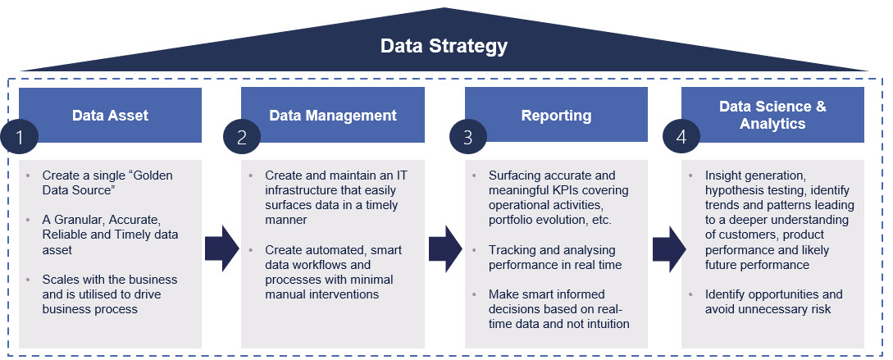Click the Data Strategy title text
pos(444,46)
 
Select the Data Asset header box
pos(110,116)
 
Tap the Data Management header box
pos(332,116)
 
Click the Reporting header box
pos(556,116)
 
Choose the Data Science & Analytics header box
pos(772,116)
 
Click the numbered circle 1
pos(20,137)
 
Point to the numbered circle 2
pos(243,137)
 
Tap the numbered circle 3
pos(467,137)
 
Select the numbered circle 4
pos(681,137)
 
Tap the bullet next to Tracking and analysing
pos(473,250)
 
